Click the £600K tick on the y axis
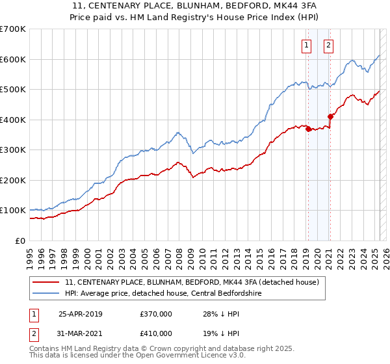pos(14,59)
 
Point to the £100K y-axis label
pos(14,211)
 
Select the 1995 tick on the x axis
pos(30,253)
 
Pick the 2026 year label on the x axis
pos(385,253)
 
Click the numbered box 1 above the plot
pos(306,45)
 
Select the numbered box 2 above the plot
pos(329,45)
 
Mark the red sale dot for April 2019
pos(307,129)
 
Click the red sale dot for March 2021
pos(330,117)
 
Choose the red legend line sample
pos(45,283)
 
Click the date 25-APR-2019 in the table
pos(81,314)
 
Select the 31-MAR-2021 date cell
pos(81,335)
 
